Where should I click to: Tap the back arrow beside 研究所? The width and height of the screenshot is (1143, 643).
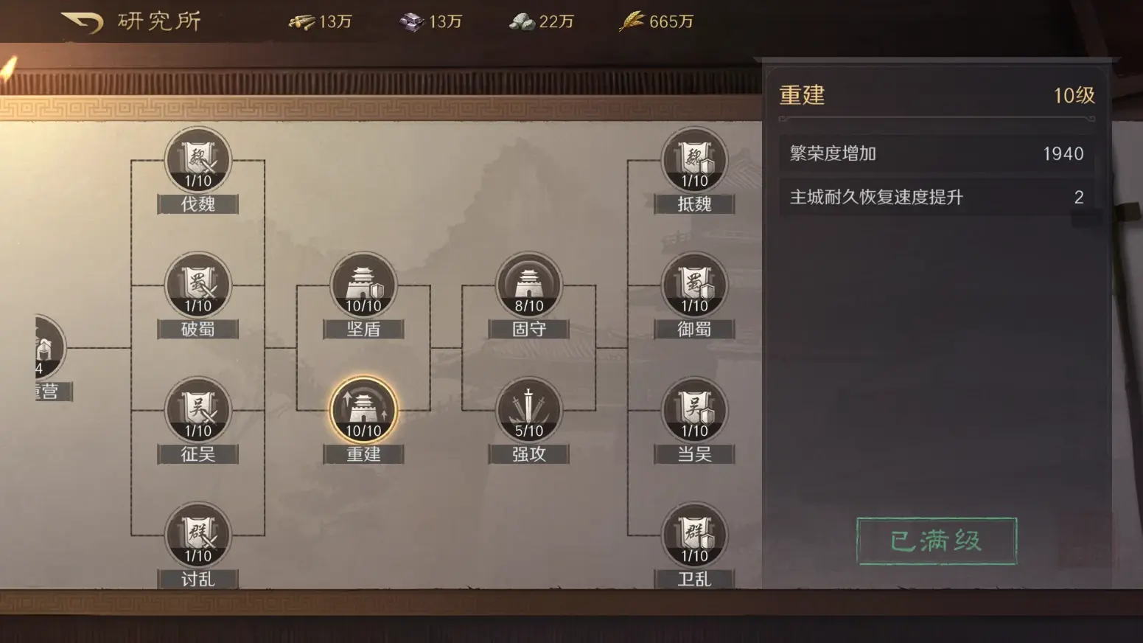click(82, 22)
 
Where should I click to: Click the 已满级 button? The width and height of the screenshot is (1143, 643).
click(936, 541)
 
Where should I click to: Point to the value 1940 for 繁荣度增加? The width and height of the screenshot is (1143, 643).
click(1063, 154)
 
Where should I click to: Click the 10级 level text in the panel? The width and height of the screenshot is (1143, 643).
click(1074, 96)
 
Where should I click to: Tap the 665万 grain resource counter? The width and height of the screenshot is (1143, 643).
click(657, 22)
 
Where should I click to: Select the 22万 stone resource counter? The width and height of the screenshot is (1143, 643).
click(542, 22)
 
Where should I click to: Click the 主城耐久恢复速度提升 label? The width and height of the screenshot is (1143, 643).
click(876, 198)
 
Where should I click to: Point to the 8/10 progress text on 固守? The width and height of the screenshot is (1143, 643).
click(529, 306)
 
